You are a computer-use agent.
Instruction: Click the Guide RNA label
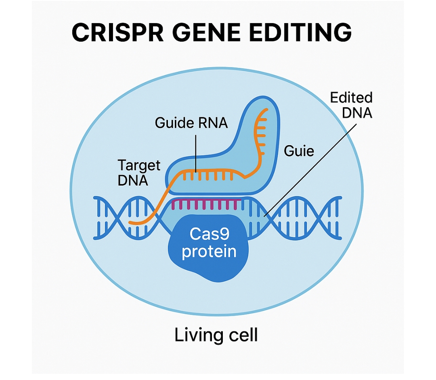click(191, 122)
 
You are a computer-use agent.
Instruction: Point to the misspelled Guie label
click(299, 151)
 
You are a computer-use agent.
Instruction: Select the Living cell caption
click(216, 335)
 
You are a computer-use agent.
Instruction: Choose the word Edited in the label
click(351, 98)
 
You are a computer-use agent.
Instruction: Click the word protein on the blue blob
click(209, 252)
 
